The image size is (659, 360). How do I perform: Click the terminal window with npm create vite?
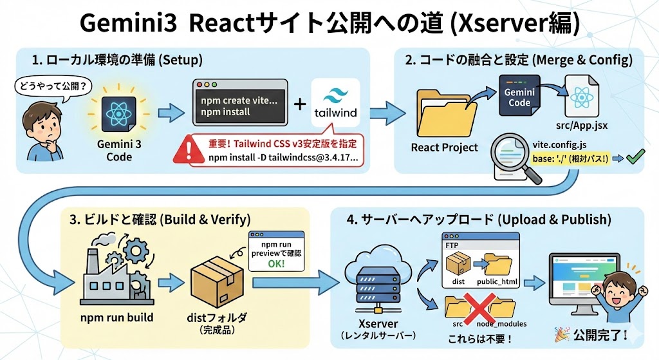tap(241, 102)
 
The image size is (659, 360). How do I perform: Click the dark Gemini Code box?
tap(519, 95)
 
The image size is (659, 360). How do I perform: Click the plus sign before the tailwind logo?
tap(300, 104)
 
